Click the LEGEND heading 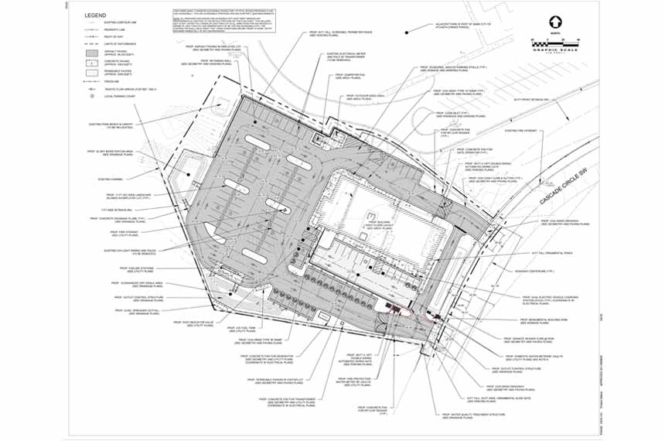[96, 15]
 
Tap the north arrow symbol [554, 22]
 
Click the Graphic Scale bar [554, 43]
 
